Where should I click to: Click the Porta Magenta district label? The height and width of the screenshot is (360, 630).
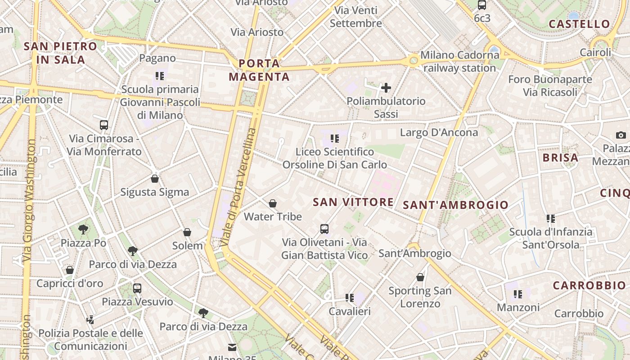click(259, 70)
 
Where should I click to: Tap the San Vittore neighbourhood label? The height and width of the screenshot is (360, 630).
click(353, 202)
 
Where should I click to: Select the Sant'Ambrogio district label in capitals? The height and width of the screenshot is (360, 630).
click(455, 205)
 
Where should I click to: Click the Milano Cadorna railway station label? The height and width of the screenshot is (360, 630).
click(459, 62)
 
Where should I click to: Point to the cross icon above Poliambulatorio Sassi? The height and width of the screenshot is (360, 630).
click(386, 88)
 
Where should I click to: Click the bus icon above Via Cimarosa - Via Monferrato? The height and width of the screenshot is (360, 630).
click(104, 125)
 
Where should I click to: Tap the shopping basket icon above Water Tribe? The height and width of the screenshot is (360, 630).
click(272, 203)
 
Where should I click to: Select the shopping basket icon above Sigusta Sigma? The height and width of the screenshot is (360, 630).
click(155, 179)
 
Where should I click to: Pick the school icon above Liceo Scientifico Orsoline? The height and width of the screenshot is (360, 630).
click(334, 139)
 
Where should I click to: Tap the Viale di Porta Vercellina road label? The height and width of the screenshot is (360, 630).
click(238, 187)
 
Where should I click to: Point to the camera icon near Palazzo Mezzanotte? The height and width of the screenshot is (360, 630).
click(621, 135)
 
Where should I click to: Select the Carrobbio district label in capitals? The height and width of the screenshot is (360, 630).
click(589, 285)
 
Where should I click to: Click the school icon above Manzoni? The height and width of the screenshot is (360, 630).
click(518, 294)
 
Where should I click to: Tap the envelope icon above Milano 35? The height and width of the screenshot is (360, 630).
click(232, 347)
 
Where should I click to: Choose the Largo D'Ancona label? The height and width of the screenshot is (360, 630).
click(439, 133)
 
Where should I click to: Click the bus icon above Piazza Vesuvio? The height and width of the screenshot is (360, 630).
click(137, 288)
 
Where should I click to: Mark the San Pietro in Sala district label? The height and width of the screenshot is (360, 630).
click(60, 53)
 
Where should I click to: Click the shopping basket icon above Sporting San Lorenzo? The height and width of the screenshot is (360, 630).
click(420, 277)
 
